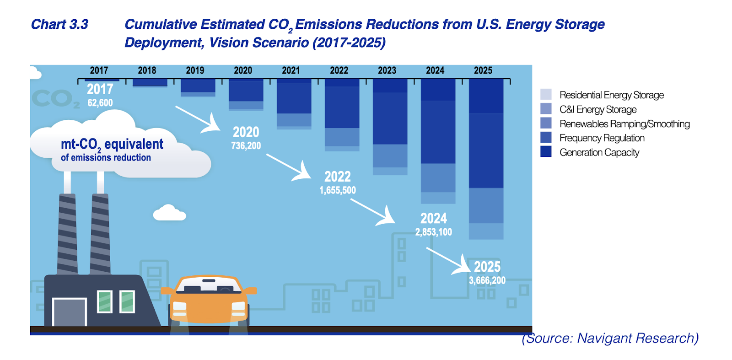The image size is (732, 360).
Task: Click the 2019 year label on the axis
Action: [x=195, y=70]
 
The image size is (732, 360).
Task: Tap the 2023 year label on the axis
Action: [x=387, y=70]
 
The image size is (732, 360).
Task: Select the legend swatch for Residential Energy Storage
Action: [x=546, y=94]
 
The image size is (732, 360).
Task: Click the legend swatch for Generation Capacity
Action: [x=546, y=151]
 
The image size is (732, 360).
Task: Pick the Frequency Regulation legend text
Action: [x=602, y=138]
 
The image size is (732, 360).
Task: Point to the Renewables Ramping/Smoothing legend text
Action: [x=624, y=124]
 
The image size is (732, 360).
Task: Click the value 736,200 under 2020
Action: [x=246, y=146]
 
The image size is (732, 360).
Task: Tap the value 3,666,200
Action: [x=487, y=280]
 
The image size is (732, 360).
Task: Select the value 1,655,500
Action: [x=338, y=190]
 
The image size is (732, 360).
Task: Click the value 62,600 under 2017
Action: [x=100, y=103]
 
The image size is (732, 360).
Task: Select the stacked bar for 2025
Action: [x=486, y=159]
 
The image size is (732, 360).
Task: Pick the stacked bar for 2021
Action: [x=294, y=104]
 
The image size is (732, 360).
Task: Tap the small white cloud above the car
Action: [x=169, y=213]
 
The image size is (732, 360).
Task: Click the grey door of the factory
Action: [x=70, y=312]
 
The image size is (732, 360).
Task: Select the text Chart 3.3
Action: [x=59, y=25]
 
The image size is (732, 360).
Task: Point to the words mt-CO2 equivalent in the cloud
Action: [x=112, y=145]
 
